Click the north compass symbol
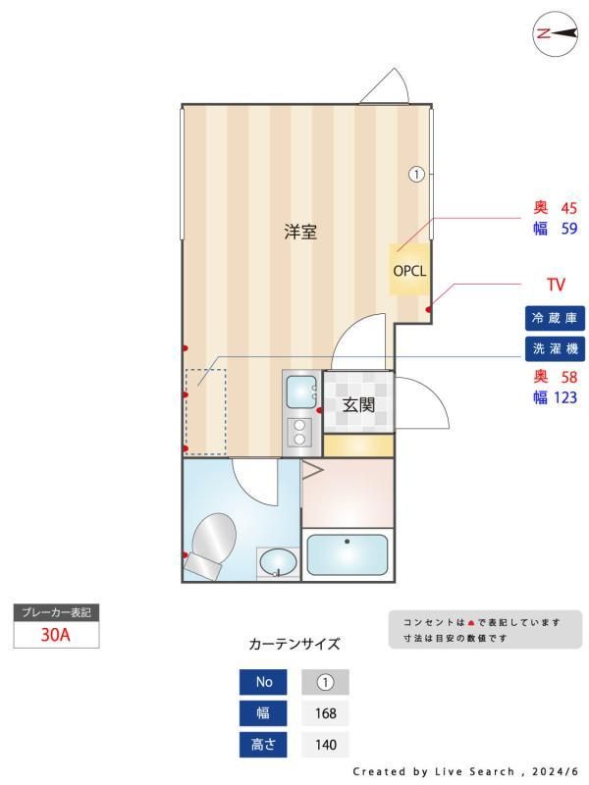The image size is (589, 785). (555, 33)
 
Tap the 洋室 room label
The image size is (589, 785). (300, 232)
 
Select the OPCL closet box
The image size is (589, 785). (409, 270)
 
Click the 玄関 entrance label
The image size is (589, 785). (358, 404)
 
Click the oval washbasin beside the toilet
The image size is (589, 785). (278, 562)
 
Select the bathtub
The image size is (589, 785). (348, 554)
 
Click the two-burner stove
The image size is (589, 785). (299, 432)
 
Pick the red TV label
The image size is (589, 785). (556, 285)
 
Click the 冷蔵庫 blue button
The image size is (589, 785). (555, 318)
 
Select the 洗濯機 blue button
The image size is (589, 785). (555, 348)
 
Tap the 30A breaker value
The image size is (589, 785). (56, 635)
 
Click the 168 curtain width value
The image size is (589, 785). (326, 713)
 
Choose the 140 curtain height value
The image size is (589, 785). (326, 745)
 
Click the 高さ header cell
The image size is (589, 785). (263, 745)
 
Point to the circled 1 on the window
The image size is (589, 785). (416, 175)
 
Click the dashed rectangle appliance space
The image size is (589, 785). (206, 411)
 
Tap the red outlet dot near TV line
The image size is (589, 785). (429, 309)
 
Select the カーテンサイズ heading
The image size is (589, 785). (294, 644)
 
